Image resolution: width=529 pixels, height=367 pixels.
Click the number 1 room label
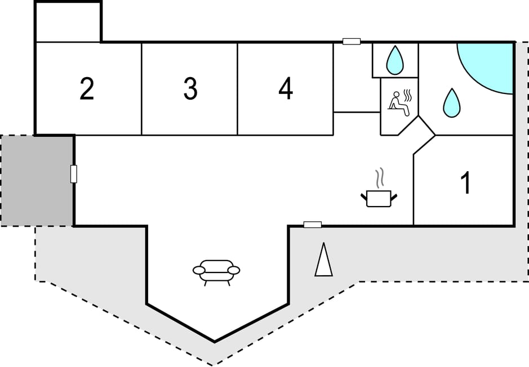[465, 183]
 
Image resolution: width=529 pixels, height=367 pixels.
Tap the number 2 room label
[87, 89]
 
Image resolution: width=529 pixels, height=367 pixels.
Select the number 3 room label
[190, 89]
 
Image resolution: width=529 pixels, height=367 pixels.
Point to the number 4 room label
[286, 89]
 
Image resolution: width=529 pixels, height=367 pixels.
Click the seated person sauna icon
[399, 104]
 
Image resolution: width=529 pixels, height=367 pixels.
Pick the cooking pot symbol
[379, 198]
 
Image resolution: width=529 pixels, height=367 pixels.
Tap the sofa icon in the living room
[216, 271]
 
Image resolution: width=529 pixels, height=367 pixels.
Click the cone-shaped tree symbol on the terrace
[323, 259]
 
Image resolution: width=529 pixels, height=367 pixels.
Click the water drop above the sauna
[395, 60]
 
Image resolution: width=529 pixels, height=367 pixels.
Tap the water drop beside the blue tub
[451, 103]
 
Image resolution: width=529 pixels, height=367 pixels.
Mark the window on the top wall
[352, 41]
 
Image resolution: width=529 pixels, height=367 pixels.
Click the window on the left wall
[73, 174]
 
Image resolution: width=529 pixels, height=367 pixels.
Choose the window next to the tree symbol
[313, 225]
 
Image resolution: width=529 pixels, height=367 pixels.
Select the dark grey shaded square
[37, 180]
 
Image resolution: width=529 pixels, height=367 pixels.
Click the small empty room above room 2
[68, 23]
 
